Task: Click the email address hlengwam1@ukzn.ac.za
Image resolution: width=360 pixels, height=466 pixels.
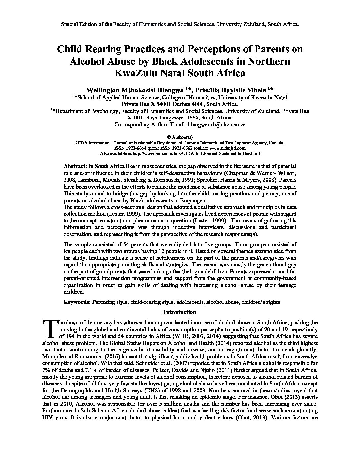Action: [x=216, y=125]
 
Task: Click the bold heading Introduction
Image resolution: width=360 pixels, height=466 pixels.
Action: [x=180, y=312]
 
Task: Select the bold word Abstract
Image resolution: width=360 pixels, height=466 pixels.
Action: [x=75, y=166]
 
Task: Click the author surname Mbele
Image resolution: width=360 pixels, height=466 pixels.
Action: [x=257, y=90]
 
